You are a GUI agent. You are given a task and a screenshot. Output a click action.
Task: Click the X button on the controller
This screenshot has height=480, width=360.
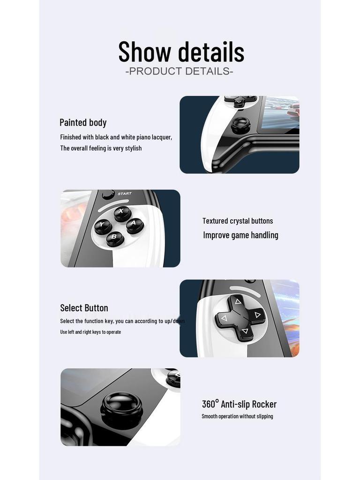click(122, 213)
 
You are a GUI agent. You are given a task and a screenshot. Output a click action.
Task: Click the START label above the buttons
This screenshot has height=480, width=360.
click(125, 194)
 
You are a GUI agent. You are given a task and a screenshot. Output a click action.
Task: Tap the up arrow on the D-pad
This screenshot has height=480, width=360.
click(238, 301)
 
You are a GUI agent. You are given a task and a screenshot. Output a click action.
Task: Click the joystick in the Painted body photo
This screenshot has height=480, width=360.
click(240, 125)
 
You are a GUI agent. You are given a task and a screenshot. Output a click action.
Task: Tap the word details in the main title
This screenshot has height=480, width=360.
click(211, 52)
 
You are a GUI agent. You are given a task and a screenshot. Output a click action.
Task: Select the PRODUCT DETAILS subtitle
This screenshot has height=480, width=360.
click(180, 71)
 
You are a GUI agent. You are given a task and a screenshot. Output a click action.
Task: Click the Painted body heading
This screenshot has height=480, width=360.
click(83, 122)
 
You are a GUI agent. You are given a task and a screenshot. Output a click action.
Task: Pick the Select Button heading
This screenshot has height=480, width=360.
click(84, 308)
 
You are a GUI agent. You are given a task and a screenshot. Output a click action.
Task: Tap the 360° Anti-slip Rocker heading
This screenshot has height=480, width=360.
click(239, 404)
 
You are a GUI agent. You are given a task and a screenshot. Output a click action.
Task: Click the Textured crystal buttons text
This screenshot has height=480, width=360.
click(238, 221)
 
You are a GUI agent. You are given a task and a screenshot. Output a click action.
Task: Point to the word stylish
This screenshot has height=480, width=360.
click(133, 148)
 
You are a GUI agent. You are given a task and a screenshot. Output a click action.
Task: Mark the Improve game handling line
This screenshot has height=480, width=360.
click(240, 235)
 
